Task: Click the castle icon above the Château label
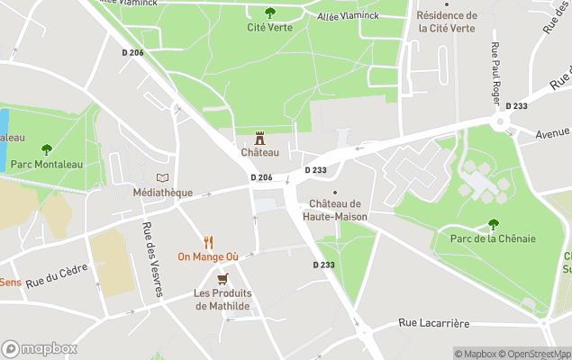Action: click(x=259, y=138)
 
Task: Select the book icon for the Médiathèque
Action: click(x=162, y=178)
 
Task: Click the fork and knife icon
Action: click(x=208, y=242)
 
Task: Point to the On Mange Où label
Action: click(x=208, y=256)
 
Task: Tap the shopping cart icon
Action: click(x=222, y=279)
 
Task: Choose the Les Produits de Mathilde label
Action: click(x=223, y=300)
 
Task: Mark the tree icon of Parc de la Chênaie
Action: click(x=493, y=224)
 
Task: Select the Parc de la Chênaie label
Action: click(x=493, y=238)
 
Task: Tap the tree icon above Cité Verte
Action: click(x=269, y=13)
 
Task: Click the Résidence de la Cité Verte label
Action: click(x=448, y=22)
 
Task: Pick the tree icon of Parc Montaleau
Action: click(x=47, y=149)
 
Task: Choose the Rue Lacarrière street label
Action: click(x=434, y=323)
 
